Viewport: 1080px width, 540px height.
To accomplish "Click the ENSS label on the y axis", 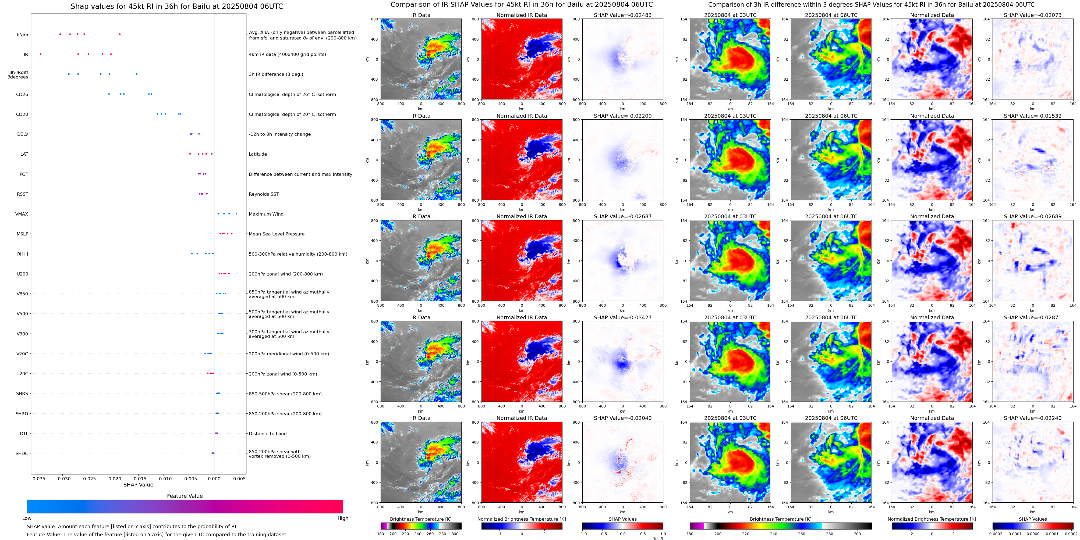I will pos(22,34).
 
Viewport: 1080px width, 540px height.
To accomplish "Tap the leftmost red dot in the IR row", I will pos(41,54).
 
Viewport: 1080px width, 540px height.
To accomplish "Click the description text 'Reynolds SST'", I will pos(264,194).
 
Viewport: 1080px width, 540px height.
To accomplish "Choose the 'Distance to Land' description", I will pos(267,434).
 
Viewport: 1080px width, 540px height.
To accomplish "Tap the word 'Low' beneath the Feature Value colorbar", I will pos(27,518).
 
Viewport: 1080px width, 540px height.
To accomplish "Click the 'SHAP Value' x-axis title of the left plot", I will pos(138,485).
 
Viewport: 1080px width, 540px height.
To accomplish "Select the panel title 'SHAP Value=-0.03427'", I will pos(623,317).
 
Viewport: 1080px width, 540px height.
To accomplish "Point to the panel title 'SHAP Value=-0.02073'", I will pos(1033,15).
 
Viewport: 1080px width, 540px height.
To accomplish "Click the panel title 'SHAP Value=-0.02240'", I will pos(1033,418).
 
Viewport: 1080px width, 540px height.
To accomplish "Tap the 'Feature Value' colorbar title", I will pos(185,496).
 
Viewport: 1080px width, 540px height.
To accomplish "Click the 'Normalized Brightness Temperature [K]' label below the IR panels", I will pos(522,519).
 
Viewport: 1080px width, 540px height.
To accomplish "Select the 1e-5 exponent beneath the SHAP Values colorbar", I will pos(658,538).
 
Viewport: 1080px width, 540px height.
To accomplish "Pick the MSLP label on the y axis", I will pos(22,234).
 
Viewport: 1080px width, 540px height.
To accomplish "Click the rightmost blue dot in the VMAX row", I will pos(236,214).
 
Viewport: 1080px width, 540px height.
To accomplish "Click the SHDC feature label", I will pos(22,453).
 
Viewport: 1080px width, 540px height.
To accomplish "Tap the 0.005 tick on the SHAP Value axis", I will pos(239,478).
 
